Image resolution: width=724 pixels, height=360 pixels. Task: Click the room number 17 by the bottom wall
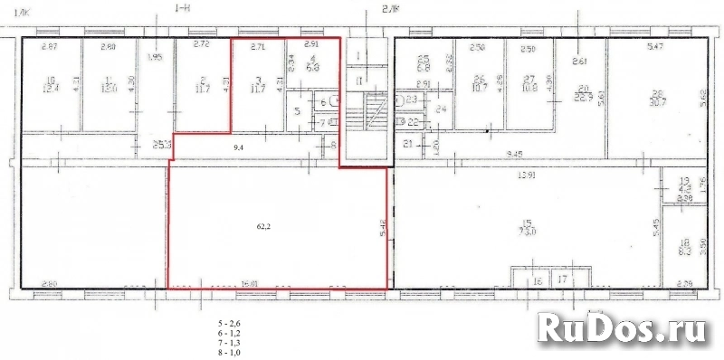pos(563,281)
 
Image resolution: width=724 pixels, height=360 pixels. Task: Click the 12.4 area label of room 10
pos(52,88)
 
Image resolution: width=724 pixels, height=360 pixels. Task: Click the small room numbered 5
pos(299,111)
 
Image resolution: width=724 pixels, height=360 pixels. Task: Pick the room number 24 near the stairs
pos(441,109)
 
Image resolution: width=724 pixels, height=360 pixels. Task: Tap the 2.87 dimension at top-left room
pos(51,46)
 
